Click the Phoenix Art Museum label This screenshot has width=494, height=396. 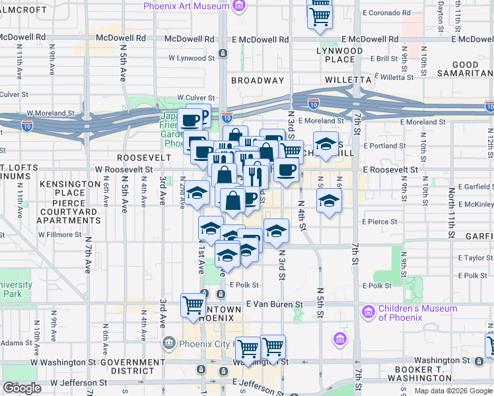(x=187, y=6)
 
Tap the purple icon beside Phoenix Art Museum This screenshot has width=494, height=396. (x=239, y=7)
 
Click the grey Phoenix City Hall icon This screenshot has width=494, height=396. (x=168, y=343)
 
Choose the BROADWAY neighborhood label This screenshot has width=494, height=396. (x=258, y=81)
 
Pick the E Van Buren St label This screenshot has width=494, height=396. (x=274, y=304)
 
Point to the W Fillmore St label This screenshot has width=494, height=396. (x=59, y=234)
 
